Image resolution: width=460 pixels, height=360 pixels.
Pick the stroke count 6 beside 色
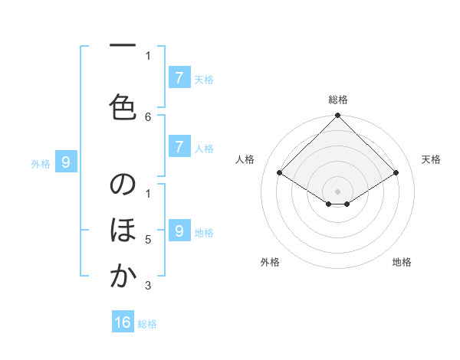(149, 116)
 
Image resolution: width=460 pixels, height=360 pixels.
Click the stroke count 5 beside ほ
(149, 240)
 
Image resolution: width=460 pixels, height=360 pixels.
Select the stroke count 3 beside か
(149, 286)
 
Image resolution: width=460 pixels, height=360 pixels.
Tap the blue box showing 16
(123, 322)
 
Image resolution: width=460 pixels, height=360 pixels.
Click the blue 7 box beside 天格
(179, 77)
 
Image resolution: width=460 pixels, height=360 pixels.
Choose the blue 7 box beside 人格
(179, 147)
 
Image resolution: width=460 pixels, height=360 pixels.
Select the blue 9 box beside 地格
(179, 231)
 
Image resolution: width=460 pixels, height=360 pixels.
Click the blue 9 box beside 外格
(66, 162)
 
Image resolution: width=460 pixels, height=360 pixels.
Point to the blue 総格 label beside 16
(147, 324)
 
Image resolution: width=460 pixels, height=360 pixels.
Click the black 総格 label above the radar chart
(337, 100)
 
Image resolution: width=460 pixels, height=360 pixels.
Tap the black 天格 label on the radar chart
(431, 159)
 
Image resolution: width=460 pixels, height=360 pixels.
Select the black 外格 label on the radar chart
(270, 262)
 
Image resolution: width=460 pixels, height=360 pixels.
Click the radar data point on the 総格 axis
(337, 116)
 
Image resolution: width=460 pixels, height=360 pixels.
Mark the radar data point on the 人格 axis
(279, 173)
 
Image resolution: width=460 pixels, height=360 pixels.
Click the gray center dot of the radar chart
(337, 190)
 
